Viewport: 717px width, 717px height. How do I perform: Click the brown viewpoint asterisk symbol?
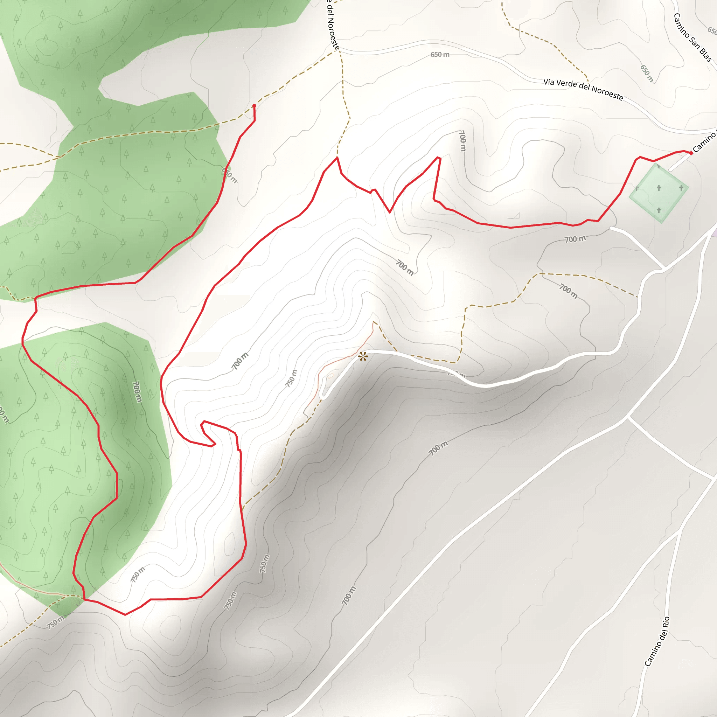coord(363,357)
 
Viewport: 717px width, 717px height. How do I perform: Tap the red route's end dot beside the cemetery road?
coord(691,153)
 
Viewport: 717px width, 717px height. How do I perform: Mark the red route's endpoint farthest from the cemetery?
coord(254,106)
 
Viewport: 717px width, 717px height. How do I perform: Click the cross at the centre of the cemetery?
coord(659,188)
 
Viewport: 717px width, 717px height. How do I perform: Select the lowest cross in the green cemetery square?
coord(659,210)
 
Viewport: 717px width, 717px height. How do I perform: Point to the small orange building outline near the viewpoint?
coord(330,376)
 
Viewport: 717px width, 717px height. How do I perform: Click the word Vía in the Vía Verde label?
coord(549,82)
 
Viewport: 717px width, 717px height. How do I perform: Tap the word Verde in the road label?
coord(567,84)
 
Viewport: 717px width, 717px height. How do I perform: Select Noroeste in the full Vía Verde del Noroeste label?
coord(607,92)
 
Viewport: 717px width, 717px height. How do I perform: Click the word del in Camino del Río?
coord(661,634)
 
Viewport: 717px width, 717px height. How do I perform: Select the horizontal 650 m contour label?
coord(440,55)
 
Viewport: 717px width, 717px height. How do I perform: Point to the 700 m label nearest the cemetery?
coord(575,239)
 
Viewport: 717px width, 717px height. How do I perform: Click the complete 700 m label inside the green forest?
coord(137,391)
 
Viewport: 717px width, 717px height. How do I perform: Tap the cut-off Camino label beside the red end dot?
coord(704,142)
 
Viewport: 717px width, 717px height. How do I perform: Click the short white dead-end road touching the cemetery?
coord(680,162)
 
